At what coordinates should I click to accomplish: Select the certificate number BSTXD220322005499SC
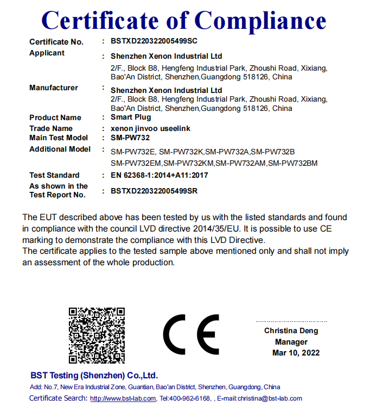pyautogui.click(x=154, y=41)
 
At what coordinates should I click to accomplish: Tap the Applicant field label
pyautogui.click(x=47, y=53)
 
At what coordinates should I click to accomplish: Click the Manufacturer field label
pyautogui.click(x=54, y=88)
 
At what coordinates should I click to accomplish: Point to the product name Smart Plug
pyautogui.click(x=131, y=117)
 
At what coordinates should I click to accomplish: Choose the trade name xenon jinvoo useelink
pyautogui.click(x=150, y=128)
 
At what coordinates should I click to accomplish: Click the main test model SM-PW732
pyautogui.click(x=130, y=138)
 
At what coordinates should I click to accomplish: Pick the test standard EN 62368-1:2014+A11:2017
pyautogui.click(x=160, y=175)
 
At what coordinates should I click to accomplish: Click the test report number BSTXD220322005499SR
pyautogui.click(x=154, y=191)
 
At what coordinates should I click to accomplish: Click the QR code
pyautogui.click(x=97, y=335)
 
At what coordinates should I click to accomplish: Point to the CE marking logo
pyautogui.click(x=191, y=334)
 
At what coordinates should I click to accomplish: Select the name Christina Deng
pyautogui.click(x=291, y=330)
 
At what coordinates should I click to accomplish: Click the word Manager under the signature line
pyautogui.click(x=291, y=342)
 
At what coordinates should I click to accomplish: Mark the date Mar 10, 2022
pyautogui.click(x=296, y=353)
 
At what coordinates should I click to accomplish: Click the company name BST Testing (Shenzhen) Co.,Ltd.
pyautogui.click(x=94, y=376)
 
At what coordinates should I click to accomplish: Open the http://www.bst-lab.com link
pyautogui.click(x=123, y=398)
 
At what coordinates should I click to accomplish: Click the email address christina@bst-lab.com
pyautogui.click(x=267, y=398)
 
